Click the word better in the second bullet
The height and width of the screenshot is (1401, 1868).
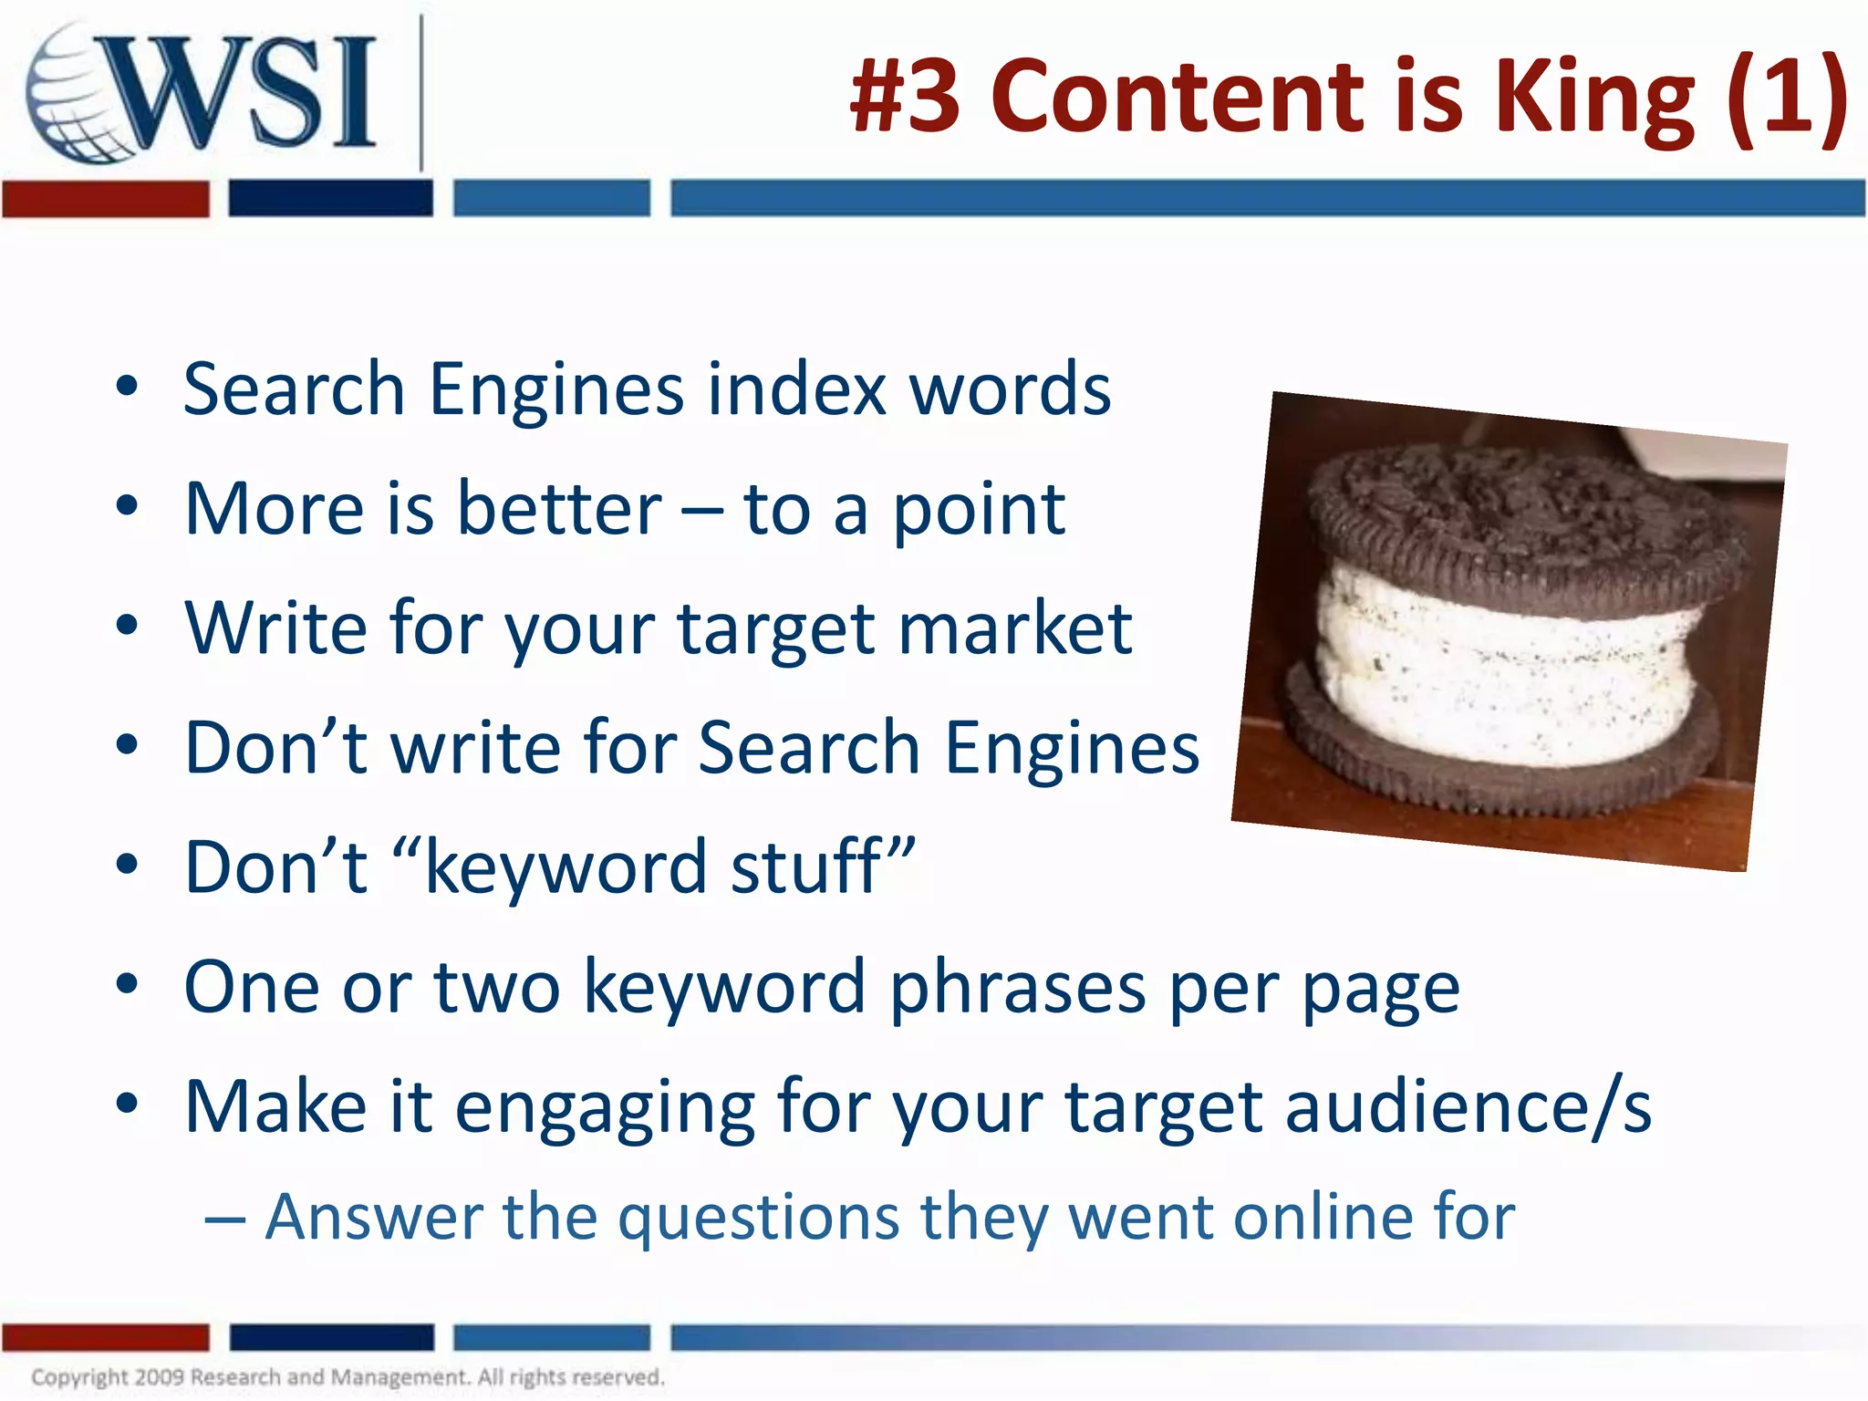[x=559, y=509]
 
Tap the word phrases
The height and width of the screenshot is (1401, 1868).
[x=1017, y=987]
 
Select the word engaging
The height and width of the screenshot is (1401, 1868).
[x=605, y=1107]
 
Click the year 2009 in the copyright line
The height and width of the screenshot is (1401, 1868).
[x=161, y=1377]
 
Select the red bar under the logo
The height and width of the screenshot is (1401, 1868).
[x=105, y=199]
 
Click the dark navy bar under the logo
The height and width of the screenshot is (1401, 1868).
[x=330, y=199]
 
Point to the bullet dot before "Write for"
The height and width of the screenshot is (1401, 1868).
[x=127, y=627]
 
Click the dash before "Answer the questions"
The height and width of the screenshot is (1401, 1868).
[x=224, y=1219]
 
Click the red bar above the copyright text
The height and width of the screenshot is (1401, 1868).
[x=105, y=1337]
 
